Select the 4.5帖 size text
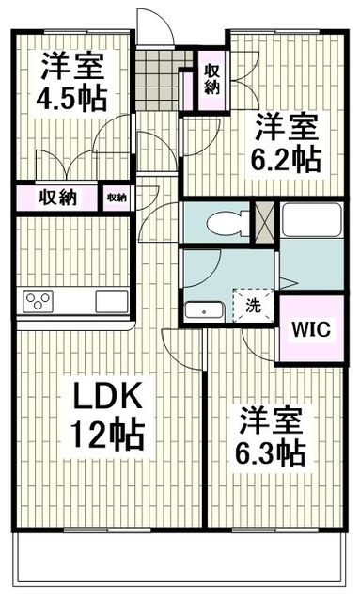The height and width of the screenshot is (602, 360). click(72, 97)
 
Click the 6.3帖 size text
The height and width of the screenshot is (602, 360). click(271, 451)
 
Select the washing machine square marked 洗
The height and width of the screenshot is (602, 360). click(255, 304)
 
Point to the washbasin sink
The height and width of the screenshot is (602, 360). click(202, 310)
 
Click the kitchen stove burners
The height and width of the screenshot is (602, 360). click(39, 301)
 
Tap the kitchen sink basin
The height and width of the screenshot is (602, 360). click(111, 301)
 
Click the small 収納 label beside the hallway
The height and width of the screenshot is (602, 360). click(117, 198)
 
